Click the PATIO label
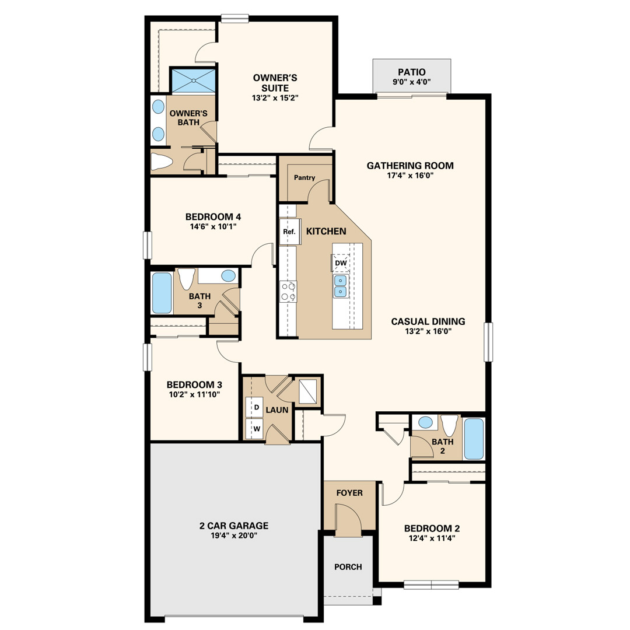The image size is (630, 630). (411, 72)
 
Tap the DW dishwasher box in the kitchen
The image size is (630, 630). (341, 263)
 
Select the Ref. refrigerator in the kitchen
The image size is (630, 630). (290, 232)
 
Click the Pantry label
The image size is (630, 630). (304, 177)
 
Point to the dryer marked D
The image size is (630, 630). (254, 407)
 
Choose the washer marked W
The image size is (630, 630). (254, 429)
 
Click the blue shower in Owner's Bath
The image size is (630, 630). (194, 80)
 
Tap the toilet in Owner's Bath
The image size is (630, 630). (162, 162)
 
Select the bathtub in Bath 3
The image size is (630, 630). (162, 293)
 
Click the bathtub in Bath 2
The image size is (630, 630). (474, 439)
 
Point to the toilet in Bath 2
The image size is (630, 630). (449, 425)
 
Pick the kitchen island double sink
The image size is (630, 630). (340, 286)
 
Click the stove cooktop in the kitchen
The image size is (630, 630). (289, 292)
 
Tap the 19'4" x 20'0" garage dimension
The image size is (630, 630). (234, 535)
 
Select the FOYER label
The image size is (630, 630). (349, 493)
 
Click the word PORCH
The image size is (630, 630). (348, 567)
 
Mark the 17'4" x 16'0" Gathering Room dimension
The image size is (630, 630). (410, 176)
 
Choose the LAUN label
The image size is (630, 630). (277, 410)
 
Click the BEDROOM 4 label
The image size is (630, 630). (213, 217)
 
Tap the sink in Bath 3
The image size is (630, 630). (228, 275)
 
